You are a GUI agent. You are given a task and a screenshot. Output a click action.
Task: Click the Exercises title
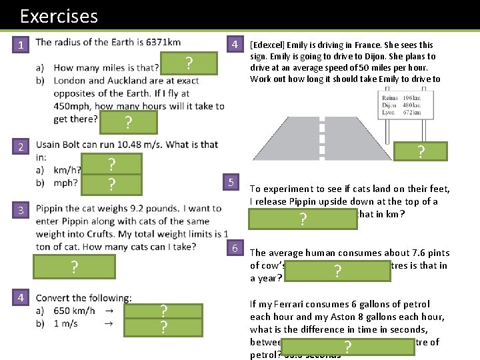coord(59,16)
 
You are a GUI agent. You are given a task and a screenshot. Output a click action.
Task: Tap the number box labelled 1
coord(21,45)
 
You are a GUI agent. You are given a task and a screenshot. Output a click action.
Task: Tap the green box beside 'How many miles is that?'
coord(189,64)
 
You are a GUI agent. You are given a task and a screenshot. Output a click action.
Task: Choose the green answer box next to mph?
coord(112,184)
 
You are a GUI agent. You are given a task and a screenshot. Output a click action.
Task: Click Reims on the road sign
coord(389,98)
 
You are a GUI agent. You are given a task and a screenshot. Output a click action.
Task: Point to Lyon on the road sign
coord(388,113)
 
